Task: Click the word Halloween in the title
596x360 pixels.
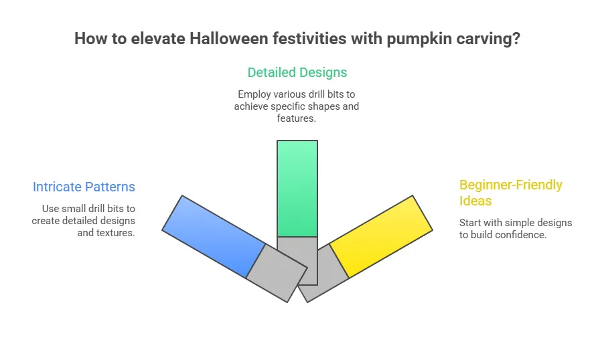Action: point(229,39)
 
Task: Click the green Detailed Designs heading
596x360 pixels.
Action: point(297,72)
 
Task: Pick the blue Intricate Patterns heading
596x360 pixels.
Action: point(84,187)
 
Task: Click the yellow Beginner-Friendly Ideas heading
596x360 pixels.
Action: point(510,193)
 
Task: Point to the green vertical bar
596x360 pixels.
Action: point(297,188)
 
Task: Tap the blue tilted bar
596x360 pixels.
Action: point(214,236)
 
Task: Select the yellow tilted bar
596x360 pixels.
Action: point(381,236)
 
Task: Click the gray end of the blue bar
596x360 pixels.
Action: point(277,273)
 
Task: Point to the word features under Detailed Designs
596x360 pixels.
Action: point(296,118)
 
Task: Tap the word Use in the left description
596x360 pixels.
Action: point(50,209)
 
